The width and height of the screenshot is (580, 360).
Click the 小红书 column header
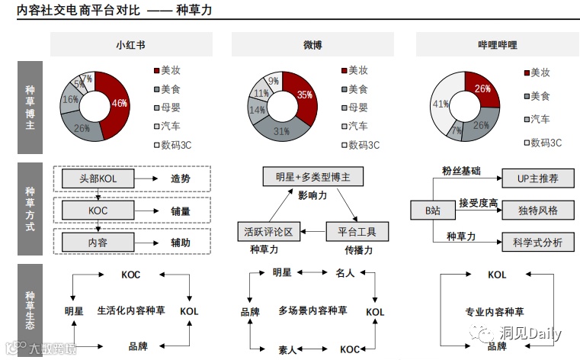tap(130, 45)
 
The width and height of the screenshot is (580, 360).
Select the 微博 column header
tap(312, 45)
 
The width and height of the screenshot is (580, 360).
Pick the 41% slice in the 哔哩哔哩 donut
tap(441, 106)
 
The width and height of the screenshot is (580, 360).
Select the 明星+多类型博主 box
tap(312, 177)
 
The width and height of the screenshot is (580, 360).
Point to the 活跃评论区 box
tap(268, 230)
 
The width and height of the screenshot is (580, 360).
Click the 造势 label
tap(180, 178)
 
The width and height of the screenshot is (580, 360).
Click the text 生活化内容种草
tap(132, 311)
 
